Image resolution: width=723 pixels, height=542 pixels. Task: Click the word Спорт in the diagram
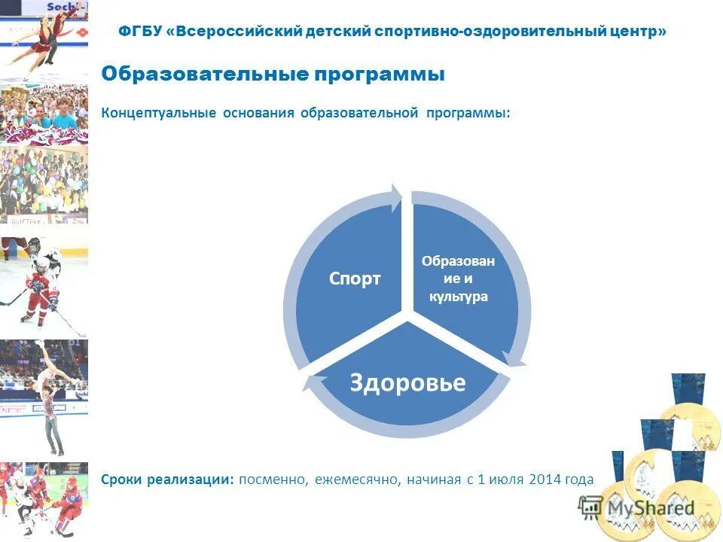click(355, 279)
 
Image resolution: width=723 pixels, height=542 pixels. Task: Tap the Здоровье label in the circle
click(407, 382)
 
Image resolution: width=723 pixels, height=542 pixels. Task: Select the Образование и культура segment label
click(458, 279)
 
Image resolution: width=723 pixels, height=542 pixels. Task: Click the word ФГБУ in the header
click(143, 32)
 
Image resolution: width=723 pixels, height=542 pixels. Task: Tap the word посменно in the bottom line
click(273, 480)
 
